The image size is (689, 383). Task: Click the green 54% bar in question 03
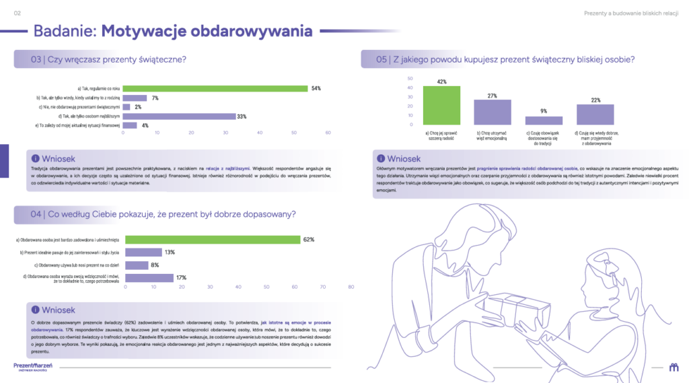coord(215,88)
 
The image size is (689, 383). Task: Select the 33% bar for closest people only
coord(179,116)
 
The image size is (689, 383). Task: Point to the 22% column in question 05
coord(595,114)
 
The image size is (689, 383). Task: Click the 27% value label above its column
coord(493,96)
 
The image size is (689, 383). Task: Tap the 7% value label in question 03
coord(155,98)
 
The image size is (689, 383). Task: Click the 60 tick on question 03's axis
coord(328,133)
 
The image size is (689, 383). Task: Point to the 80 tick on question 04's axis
coord(351,287)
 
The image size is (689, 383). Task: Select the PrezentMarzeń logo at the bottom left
coord(33,366)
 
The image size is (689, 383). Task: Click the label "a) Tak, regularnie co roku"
coord(98,88)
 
